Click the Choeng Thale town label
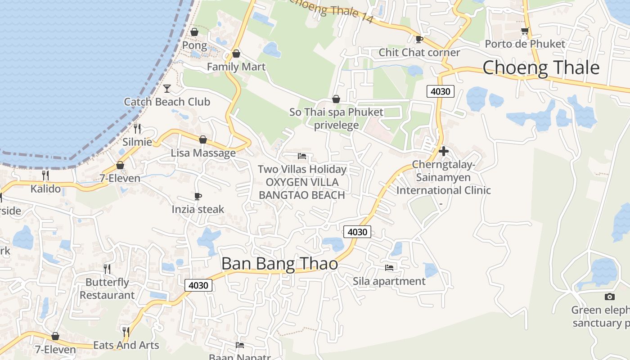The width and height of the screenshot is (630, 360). pyautogui.click(x=541, y=67)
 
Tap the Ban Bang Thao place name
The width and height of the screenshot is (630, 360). pyautogui.click(x=279, y=263)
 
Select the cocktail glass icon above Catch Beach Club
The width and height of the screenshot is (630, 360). pyautogui.click(x=167, y=88)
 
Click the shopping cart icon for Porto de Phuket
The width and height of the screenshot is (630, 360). pyautogui.click(x=525, y=31)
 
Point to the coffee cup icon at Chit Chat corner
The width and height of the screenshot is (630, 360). pyautogui.click(x=419, y=39)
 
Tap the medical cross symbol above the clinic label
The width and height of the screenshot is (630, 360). pyautogui.click(x=444, y=151)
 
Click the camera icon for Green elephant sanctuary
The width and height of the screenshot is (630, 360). pyautogui.click(x=610, y=297)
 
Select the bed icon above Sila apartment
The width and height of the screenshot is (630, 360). pyautogui.click(x=389, y=267)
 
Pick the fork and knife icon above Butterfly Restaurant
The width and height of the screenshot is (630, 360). pyautogui.click(x=107, y=269)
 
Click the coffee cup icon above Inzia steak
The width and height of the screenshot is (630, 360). pyautogui.click(x=198, y=196)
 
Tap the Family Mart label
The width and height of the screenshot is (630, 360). pyautogui.click(x=236, y=67)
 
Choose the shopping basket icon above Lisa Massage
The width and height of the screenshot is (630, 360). pyautogui.click(x=203, y=139)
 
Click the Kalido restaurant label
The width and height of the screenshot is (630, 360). pyautogui.click(x=45, y=189)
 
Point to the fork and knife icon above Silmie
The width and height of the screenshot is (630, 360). pyautogui.click(x=137, y=128)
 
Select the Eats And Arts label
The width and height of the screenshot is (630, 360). pyautogui.click(x=126, y=345)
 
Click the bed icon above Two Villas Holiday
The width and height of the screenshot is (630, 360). pyautogui.click(x=302, y=156)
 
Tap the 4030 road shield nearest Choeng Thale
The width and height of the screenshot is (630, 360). pyautogui.click(x=440, y=91)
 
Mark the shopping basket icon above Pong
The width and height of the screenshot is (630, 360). pyautogui.click(x=194, y=32)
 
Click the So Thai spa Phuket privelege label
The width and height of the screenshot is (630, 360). pyautogui.click(x=336, y=118)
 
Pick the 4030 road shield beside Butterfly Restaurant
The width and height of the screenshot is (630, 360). pyautogui.click(x=198, y=285)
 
